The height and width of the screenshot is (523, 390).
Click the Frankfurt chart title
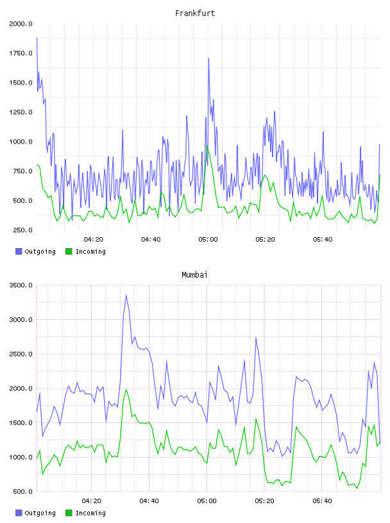tap(195, 13)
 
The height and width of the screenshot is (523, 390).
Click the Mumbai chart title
tap(194, 275)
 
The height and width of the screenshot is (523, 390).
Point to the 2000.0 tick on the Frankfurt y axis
tap(21, 24)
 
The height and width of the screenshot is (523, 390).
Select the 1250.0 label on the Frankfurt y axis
tap(21, 112)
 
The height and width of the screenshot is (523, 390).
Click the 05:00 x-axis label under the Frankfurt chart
tap(208, 240)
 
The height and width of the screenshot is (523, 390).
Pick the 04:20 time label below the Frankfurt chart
tap(94, 240)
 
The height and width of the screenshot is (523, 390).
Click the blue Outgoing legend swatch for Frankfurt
tap(19, 251)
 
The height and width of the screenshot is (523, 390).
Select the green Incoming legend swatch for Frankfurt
tap(69, 251)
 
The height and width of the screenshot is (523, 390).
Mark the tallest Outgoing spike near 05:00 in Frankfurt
tap(208, 59)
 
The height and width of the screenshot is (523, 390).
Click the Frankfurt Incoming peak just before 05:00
tap(207, 145)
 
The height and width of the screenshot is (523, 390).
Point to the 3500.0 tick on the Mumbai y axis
tap(21, 285)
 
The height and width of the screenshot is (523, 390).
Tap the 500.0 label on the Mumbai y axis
tap(22, 492)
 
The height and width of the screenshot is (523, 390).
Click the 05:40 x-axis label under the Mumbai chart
tap(322, 501)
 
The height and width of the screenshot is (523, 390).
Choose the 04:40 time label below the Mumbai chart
tap(149, 501)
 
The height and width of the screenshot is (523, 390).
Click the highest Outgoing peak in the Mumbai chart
tap(126, 295)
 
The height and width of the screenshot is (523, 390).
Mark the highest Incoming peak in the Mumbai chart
tap(126, 390)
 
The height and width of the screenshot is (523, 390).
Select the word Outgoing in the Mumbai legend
tap(40, 513)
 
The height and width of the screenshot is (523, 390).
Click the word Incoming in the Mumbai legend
tap(90, 513)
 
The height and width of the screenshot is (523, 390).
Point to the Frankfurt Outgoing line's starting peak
tap(37, 38)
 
